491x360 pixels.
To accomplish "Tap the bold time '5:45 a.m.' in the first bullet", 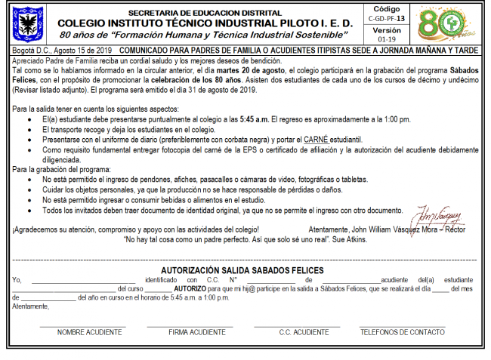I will pyautogui.click(x=255, y=120).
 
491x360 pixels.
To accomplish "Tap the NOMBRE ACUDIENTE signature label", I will pyautogui.click(x=89, y=332).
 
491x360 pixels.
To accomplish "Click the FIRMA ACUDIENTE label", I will pyautogui.click(x=196, y=332).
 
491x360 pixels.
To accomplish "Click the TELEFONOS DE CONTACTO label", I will pyautogui.click(x=402, y=332).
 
